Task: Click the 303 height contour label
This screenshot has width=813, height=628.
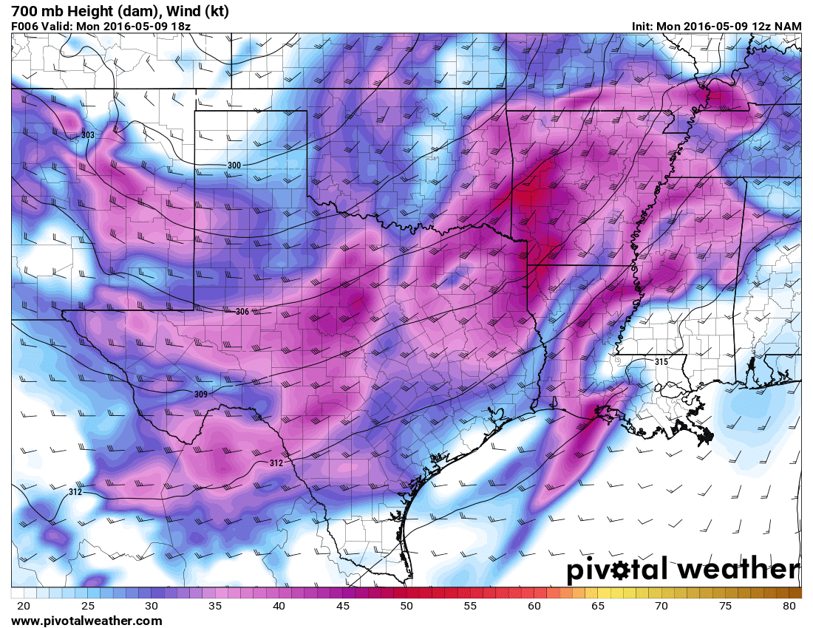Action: coord(88,135)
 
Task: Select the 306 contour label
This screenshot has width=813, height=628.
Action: coord(242,312)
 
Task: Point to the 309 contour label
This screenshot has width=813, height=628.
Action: coord(201,394)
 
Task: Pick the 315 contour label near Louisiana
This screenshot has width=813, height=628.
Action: coord(661,361)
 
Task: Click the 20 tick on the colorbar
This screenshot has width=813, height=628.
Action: coord(24,606)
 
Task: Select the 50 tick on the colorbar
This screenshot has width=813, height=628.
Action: coord(406,606)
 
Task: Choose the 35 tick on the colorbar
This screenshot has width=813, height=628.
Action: coord(215,606)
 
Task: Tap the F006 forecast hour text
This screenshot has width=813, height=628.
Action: coord(27,26)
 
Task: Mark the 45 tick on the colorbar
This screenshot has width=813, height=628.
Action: coord(342,606)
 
